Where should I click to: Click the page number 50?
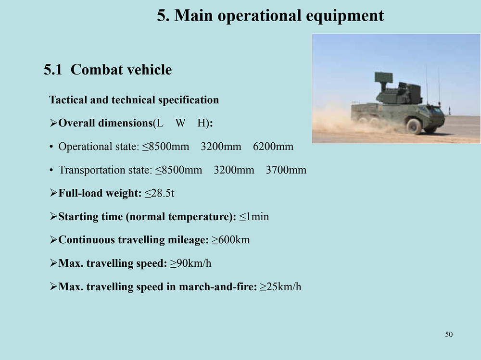tap(449, 334)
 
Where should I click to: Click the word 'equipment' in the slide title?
tap(345, 16)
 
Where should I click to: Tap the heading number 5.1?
tap(53, 70)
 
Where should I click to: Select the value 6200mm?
tap(273, 147)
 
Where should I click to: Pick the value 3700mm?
tap(286, 170)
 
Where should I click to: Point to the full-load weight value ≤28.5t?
tap(160, 193)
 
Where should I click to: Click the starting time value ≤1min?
tap(254, 217)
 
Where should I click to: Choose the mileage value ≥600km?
tap(231, 240)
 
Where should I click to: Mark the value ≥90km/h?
tap(190, 263)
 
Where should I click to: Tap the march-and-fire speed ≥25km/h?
tap(281, 287)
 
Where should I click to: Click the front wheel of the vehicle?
tap(414, 126)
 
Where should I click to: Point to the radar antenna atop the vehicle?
tap(383, 78)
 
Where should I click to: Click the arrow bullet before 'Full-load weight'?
tap(53, 193)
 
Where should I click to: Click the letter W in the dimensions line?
tap(180, 123)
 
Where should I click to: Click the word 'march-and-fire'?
tap(218, 287)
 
